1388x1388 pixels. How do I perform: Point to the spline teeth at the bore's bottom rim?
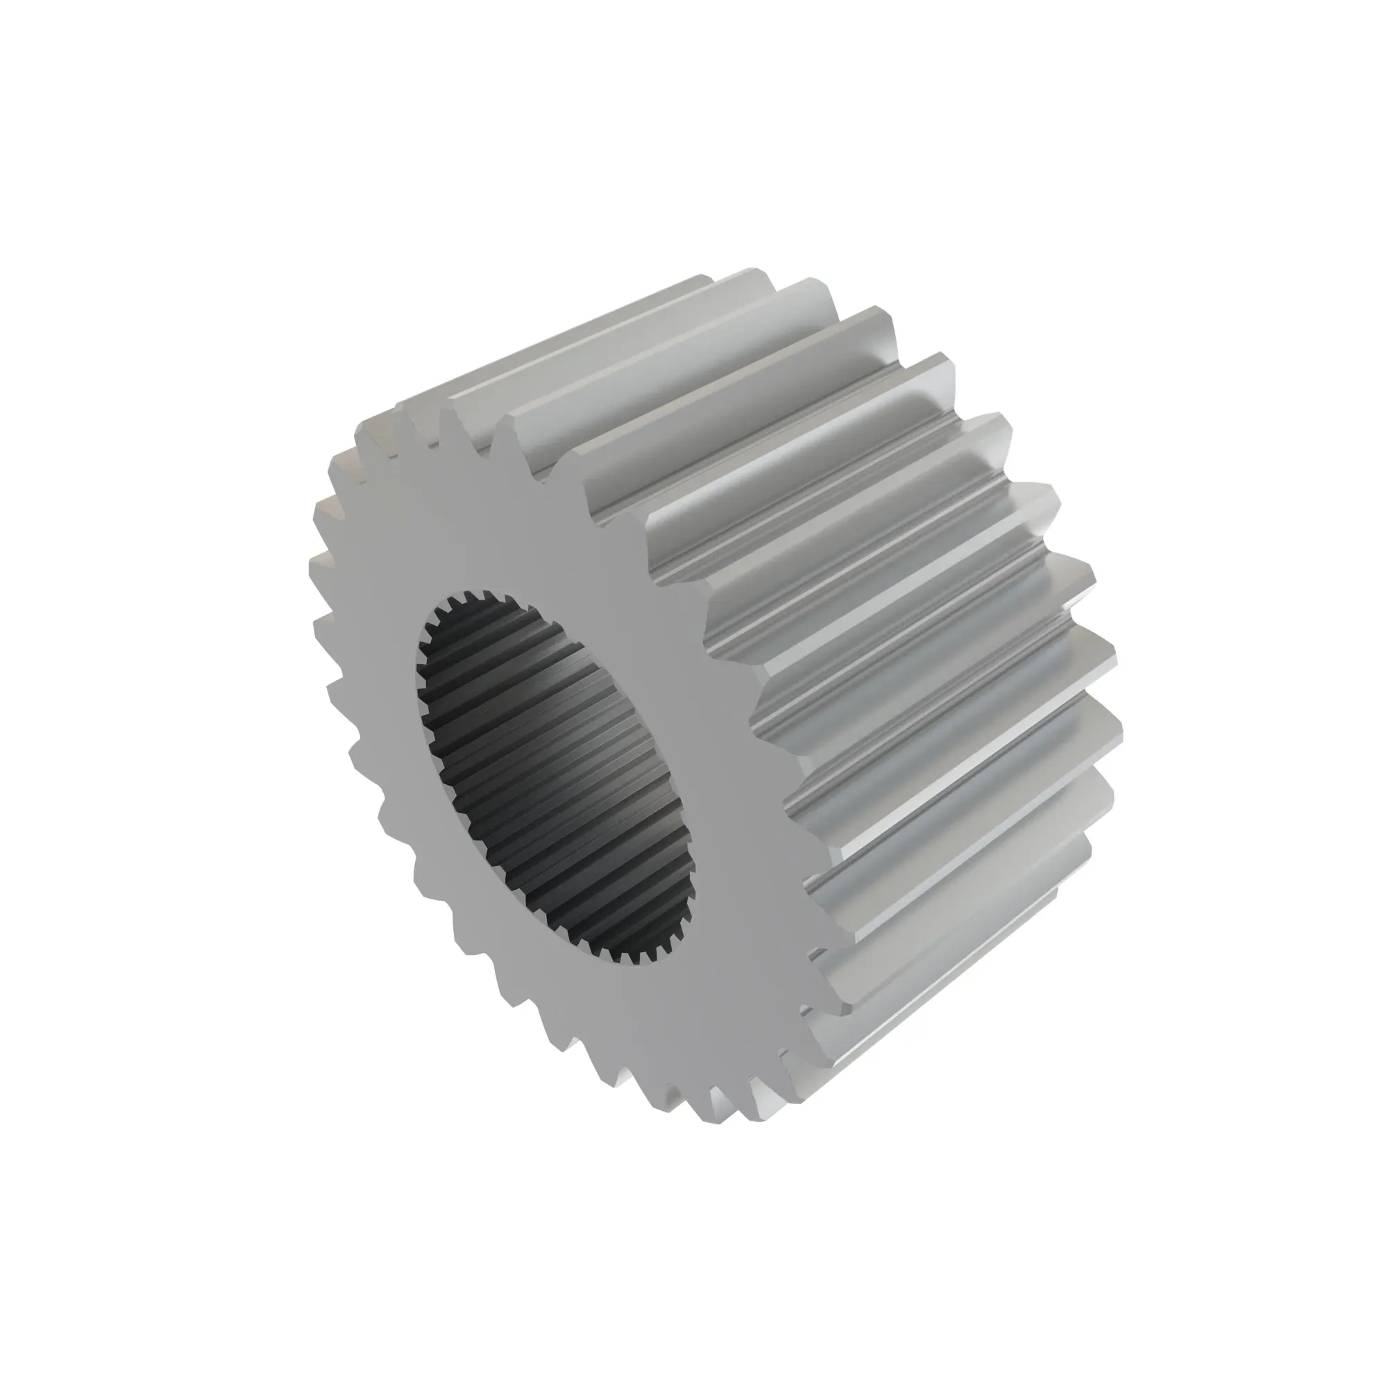(x=632, y=956)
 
